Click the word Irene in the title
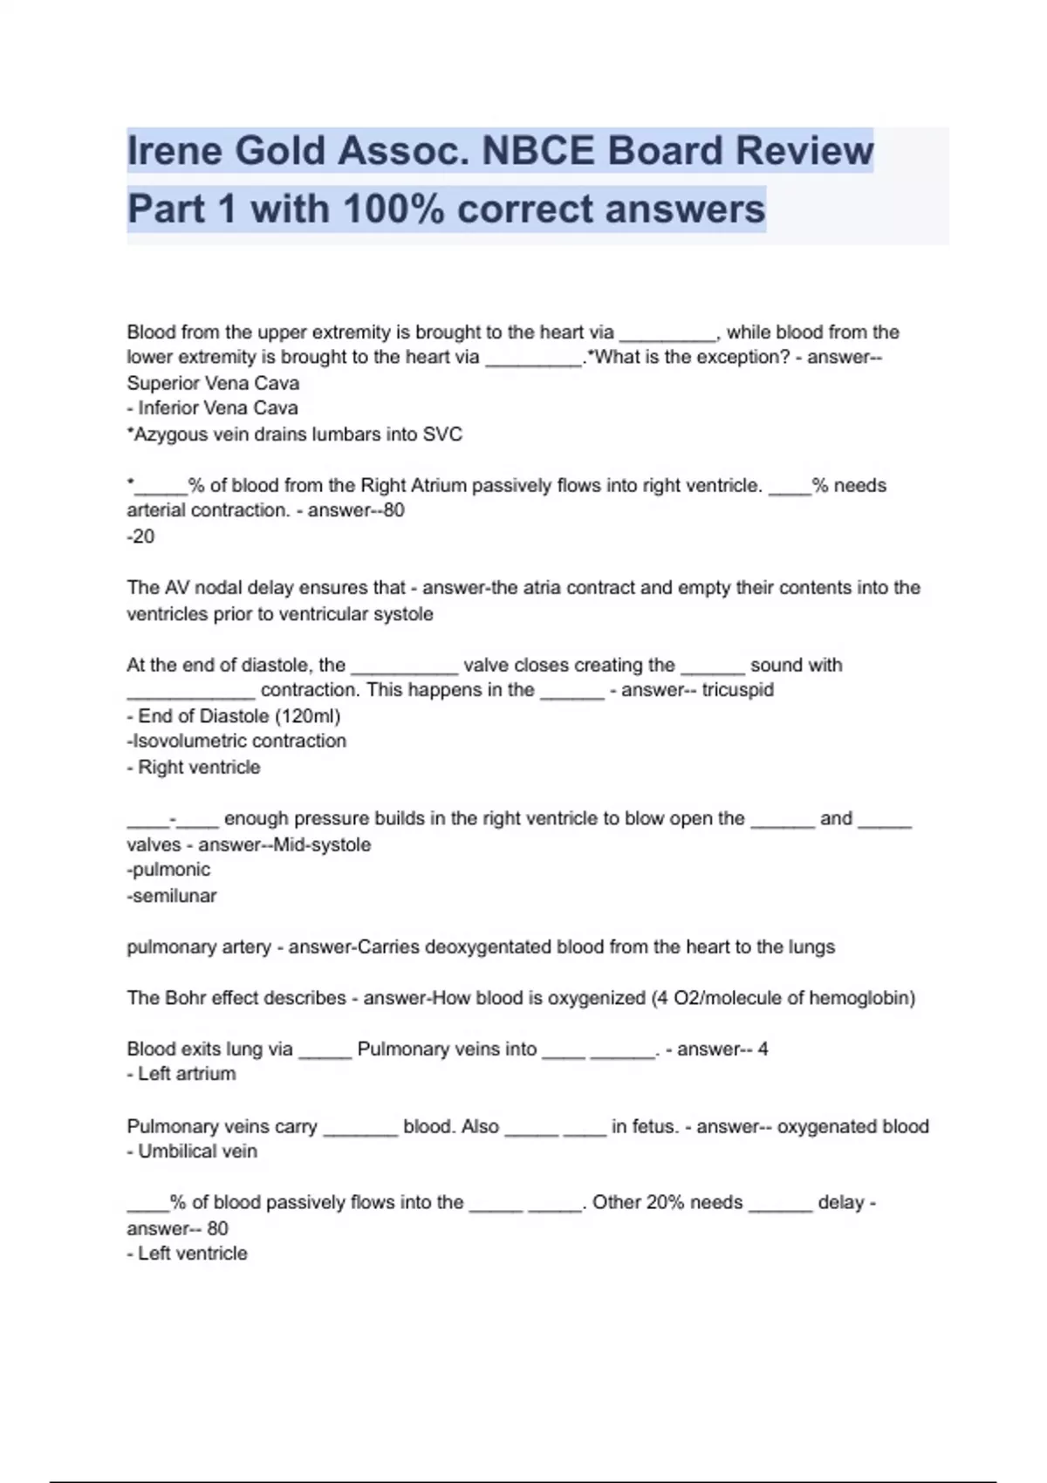(174, 151)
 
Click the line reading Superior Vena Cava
(213, 383)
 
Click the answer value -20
(140, 536)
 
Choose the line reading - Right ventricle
(194, 768)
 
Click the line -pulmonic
(168, 870)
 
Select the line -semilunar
(172, 896)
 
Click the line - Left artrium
(181, 1074)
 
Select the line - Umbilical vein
(192, 1152)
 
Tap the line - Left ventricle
(188, 1254)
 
